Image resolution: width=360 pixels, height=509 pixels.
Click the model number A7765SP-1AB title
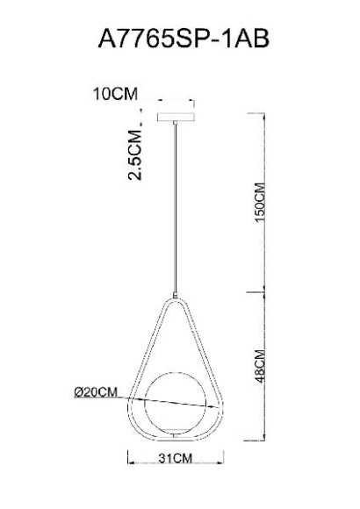[x=184, y=39]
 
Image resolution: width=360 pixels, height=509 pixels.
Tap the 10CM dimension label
[x=115, y=94]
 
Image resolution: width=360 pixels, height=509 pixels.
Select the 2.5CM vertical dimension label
[x=135, y=154]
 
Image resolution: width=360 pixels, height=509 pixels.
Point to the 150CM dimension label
[x=260, y=203]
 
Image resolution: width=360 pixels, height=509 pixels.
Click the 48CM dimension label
[x=260, y=366]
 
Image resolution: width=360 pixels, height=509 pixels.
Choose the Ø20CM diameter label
[x=96, y=392]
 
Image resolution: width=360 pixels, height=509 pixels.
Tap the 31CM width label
[x=176, y=458]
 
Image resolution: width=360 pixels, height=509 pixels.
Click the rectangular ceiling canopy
[x=176, y=117]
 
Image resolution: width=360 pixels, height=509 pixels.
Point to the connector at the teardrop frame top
[x=176, y=296]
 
